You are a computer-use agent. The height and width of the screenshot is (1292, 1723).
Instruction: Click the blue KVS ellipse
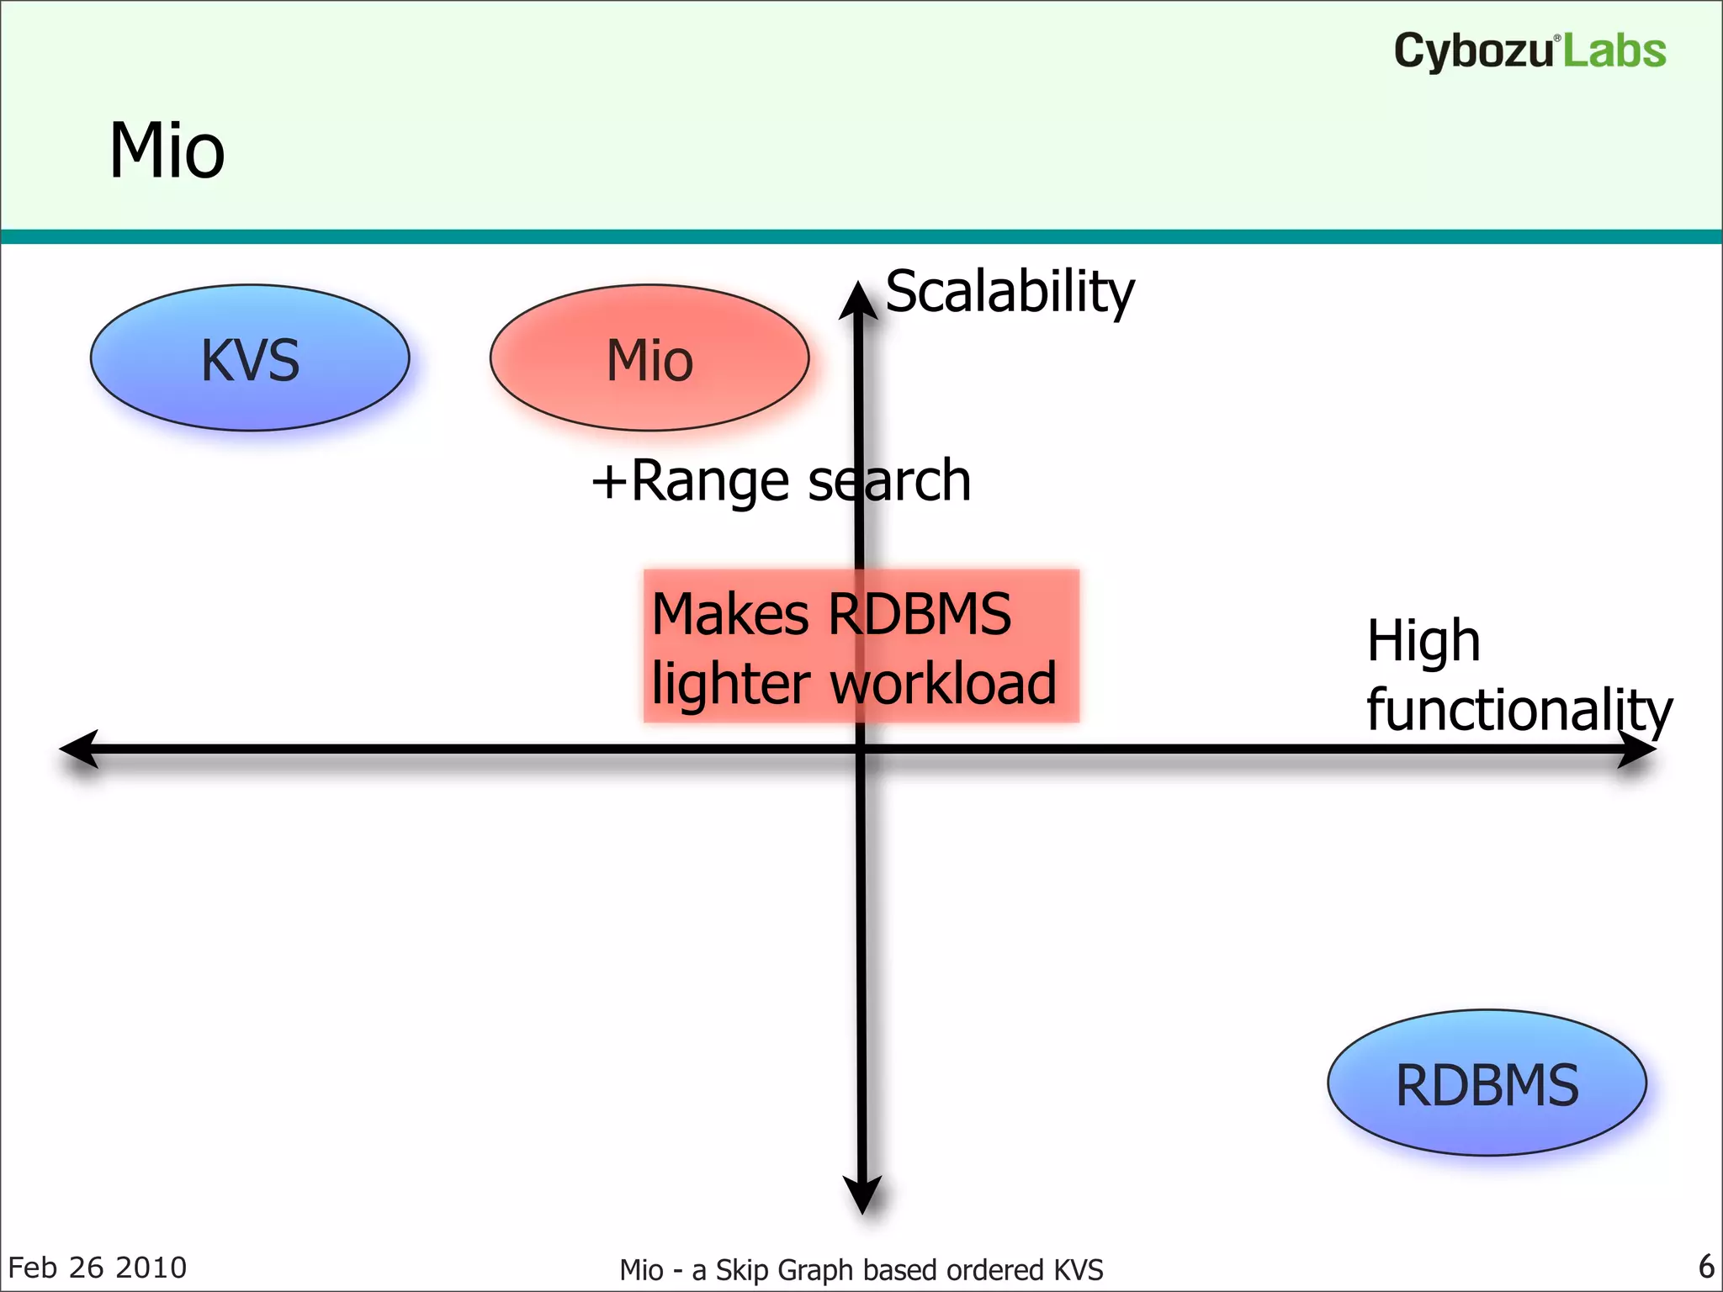(x=250, y=358)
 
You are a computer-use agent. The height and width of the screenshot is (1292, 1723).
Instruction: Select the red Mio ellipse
(x=649, y=358)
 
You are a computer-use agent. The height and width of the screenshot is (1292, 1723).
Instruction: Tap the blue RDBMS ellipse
(x=1487, y=1083)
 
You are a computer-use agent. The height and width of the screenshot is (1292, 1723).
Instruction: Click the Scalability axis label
(x=1010, y=292)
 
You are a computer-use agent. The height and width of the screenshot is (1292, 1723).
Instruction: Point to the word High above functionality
(x=1423, y=642)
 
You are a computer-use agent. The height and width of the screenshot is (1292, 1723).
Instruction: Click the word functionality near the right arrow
(x=1519, y=711)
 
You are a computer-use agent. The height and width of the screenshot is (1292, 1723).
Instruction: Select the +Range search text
(x=781, y=481)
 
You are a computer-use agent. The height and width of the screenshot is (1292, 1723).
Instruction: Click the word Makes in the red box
(x=729, y=614)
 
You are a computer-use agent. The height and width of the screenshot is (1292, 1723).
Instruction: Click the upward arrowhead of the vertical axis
(x=858, y=301)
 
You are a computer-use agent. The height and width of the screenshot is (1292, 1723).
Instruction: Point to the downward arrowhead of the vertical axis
(x=862, y=1194)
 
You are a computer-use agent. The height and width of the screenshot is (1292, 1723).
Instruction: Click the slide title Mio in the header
(x=167, y=151)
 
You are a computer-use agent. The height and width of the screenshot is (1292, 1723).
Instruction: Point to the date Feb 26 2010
(x=98, y=1268)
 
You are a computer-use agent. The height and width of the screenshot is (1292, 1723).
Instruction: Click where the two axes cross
(x=860, y=749)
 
